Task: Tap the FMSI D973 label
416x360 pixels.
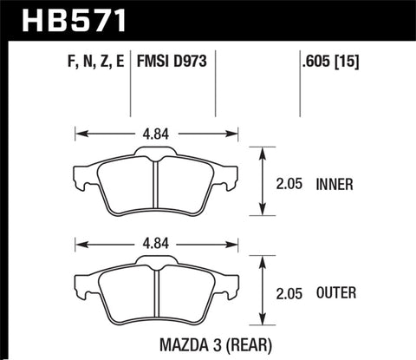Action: click(170, 62)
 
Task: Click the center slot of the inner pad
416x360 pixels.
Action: click(153, 187)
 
